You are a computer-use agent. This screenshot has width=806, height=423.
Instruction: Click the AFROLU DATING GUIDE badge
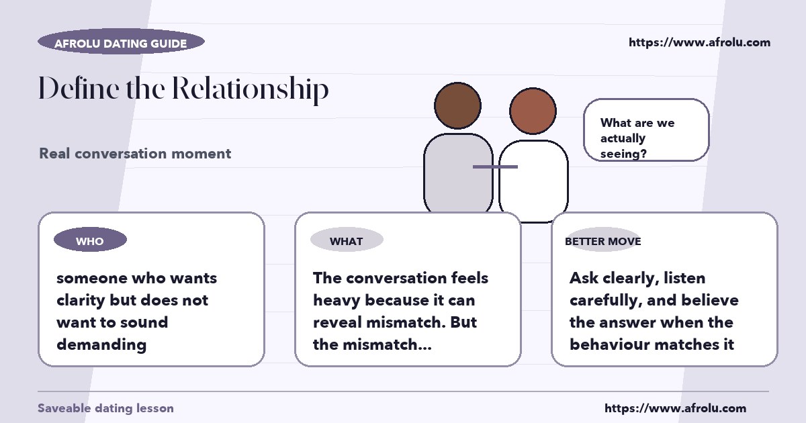pyautogui.click(x=122, y=42)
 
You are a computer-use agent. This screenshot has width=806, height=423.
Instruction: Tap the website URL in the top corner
pyautogui.click(x=699, y=42)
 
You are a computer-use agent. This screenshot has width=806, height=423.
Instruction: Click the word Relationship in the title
pyautogui.click(x=250, y=89)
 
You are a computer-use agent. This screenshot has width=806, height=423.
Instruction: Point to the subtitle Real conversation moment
pyautogui.click(x=135, y=154)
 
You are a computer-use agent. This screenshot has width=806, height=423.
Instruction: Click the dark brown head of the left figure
pyautogui.click(x=457, y=105)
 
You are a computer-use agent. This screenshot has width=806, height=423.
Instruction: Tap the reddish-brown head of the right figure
pyautogui.click(x=533, y=111)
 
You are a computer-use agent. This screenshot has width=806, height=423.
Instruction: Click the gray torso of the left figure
pyautogui.click(x=458, y=173)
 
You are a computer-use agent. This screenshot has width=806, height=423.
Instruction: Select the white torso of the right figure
pyautogui.click(x=533, y=180)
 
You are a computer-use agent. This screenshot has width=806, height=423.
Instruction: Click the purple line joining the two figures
pyautogui.click(x=495, y=167)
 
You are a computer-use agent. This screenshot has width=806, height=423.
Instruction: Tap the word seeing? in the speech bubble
pyautogui.click(x=623, y=154)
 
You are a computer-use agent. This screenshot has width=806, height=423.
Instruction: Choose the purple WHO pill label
pyautogui.click(x=90, y=240)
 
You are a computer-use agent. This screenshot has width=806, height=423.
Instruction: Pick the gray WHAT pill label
pyautogui.click(x=347, y=240)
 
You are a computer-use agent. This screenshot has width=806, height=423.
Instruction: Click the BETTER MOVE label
pyautogui.click(x=603, y=241)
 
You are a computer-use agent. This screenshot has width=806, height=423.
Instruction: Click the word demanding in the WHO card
pyautogui.click(x=101, y=345)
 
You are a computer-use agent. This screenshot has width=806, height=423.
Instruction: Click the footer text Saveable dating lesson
pyautogui.click(x=106, y=408)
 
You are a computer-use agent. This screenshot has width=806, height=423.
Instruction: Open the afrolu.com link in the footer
pyautogui.click(x=676, y=408)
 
